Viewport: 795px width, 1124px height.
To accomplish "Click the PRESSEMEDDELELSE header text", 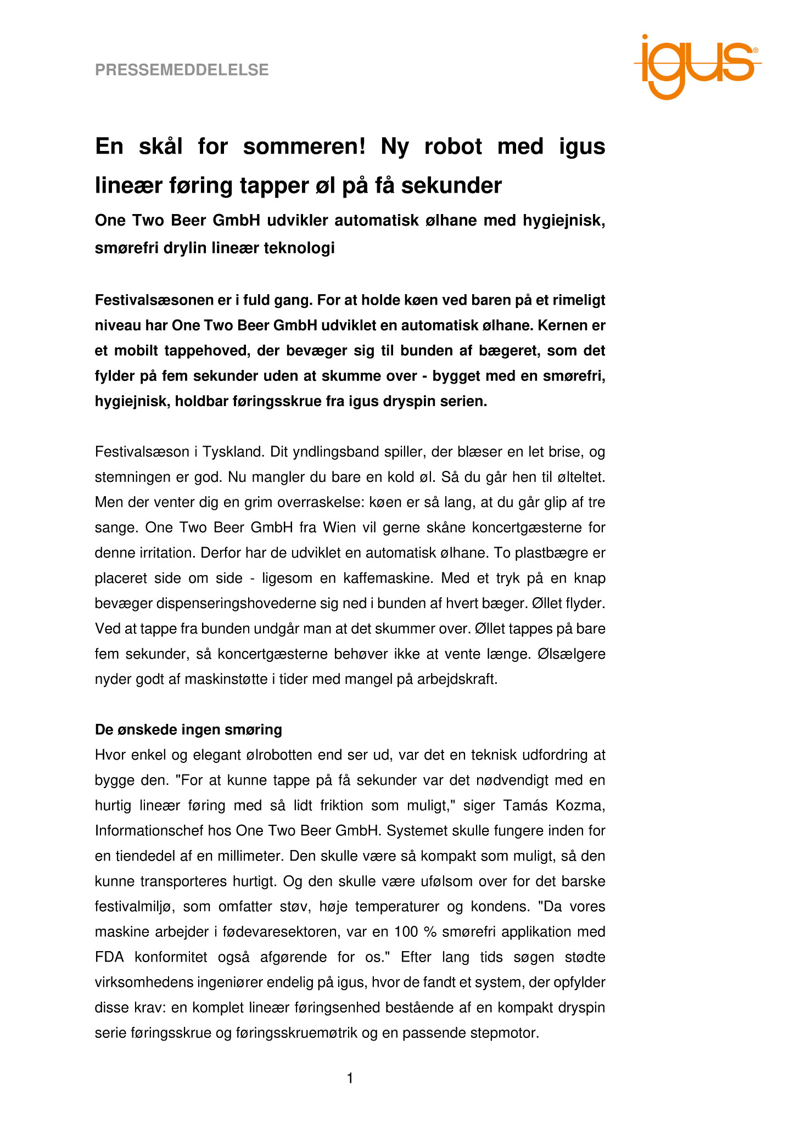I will [x=182, y=70].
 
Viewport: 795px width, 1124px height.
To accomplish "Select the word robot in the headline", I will [x=453, y=147].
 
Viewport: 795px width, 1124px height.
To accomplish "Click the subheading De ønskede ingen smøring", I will [x=188, y=730].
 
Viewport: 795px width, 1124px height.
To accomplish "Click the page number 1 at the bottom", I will [x=350, y=1079].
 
